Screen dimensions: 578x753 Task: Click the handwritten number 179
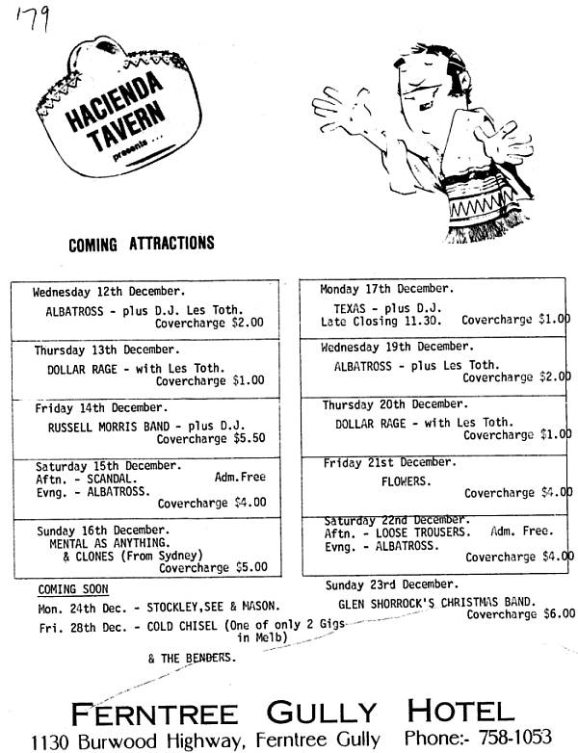tap(33, 19)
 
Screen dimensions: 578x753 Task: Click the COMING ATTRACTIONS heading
tap(142, 244)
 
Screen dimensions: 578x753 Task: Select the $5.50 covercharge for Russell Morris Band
tap(250, 438)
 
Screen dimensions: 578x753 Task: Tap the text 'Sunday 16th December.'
tap(103, 531)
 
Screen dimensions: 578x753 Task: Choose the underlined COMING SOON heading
tap(73, 589)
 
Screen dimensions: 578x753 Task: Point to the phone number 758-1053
tap(514, 737)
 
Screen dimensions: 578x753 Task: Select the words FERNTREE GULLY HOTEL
tap(293, 713)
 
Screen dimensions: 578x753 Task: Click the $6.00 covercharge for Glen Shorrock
tap(560, 613)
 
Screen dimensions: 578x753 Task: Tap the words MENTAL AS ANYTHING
tap(110, 543)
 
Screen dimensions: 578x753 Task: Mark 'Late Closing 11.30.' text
tap(381, 322)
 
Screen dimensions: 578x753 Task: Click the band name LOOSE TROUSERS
tap(423, 532)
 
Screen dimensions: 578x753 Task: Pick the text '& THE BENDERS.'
tap(193, 658)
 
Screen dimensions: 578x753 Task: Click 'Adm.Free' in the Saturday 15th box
tap(240, 477)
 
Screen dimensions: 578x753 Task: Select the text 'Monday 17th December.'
tap(386, 289)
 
